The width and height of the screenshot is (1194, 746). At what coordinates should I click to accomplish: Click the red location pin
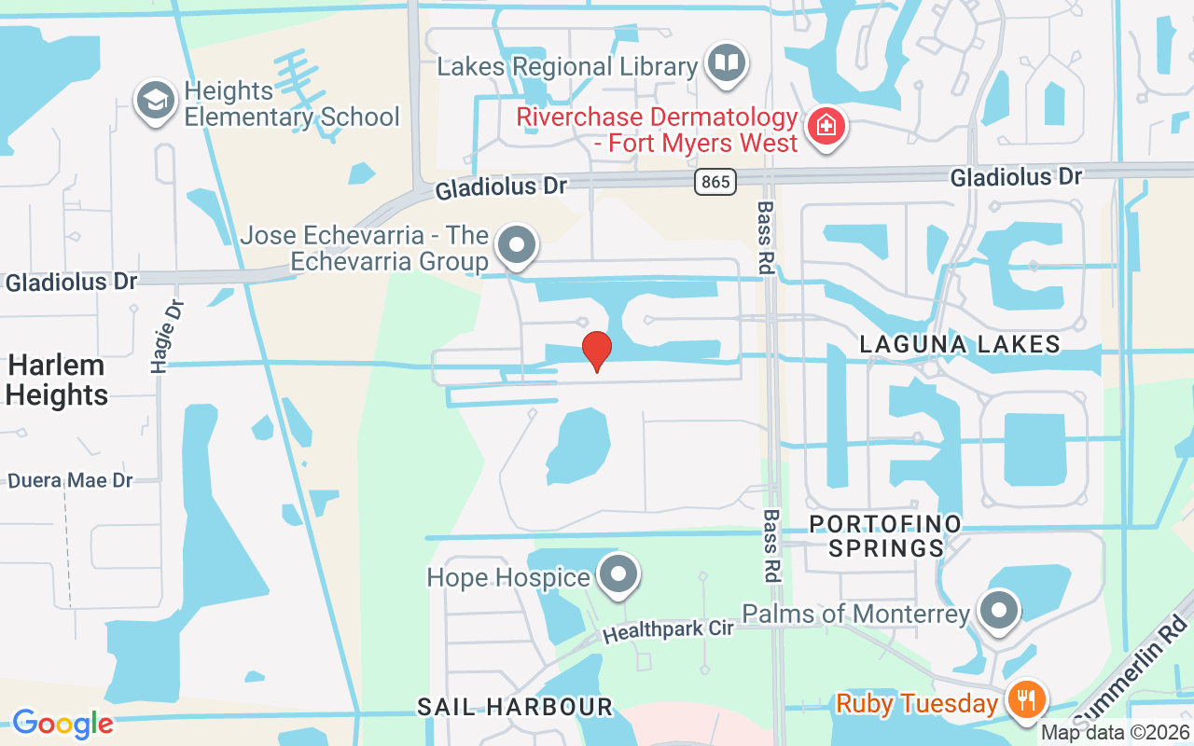597,351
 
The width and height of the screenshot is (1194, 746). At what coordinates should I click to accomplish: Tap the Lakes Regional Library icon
726,62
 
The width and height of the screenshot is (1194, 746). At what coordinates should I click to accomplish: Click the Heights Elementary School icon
155,101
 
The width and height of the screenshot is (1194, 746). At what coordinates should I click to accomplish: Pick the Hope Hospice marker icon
617,573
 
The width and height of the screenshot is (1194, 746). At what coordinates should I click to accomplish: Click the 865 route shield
715,181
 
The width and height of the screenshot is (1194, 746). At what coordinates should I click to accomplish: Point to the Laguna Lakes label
960,344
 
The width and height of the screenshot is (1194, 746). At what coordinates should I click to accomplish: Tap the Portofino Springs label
885,535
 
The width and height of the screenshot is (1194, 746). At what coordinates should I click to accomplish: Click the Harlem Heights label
56,380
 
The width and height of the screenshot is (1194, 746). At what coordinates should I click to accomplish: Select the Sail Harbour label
515,707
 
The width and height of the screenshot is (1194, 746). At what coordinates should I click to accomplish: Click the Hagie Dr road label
165,337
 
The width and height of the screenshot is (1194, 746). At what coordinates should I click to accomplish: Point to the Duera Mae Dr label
71,481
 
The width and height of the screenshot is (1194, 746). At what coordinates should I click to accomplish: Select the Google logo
62,724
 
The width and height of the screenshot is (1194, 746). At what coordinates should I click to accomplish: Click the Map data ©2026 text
1116,733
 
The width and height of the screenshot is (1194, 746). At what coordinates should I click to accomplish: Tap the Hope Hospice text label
508,577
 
